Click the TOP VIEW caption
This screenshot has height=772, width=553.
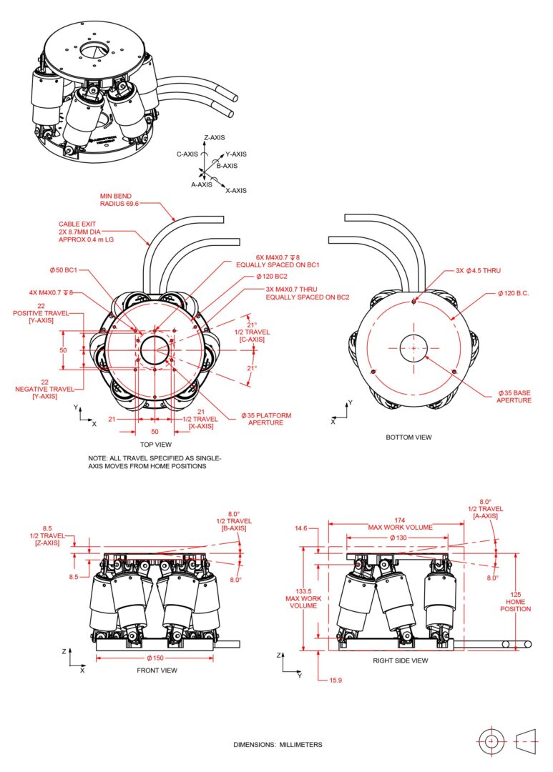(153, 443)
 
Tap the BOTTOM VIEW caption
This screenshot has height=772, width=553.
(408, 437)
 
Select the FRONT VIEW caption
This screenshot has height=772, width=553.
(157, 670)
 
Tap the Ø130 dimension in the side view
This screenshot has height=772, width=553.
(397, 538)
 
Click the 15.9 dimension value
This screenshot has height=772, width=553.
(335, 680)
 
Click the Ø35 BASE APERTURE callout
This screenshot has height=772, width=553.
(514, 397)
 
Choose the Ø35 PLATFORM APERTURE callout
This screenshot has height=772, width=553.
(265, 419)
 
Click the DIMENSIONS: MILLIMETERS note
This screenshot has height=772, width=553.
(278, 744)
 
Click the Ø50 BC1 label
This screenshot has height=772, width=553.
(64, 270)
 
